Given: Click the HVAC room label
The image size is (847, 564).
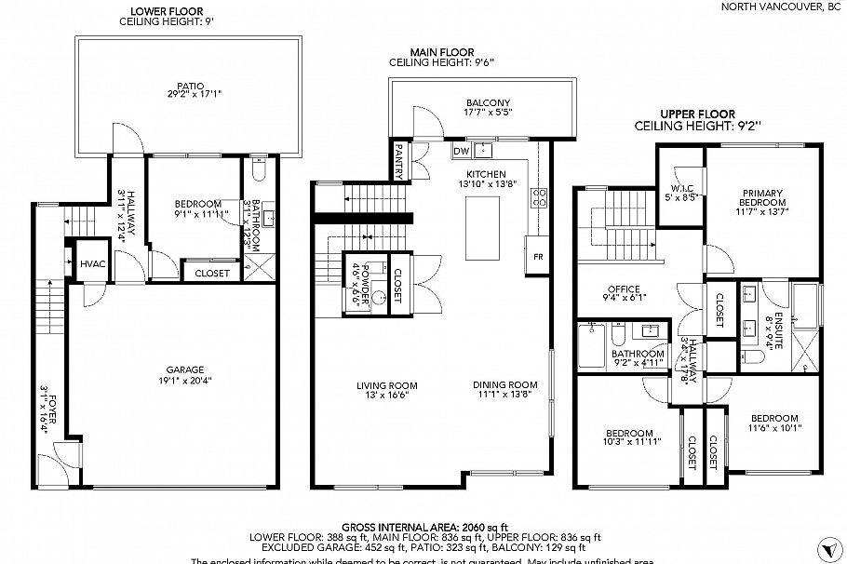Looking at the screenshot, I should click(x=91, y=265).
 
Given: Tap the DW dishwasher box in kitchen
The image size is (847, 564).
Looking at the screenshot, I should click(x=461, y=151).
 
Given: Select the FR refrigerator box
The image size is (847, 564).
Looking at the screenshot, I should click(x=537, y=256).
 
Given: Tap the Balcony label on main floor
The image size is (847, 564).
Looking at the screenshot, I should click(x=489, y=102).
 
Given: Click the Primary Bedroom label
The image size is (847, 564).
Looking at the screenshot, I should click(x=761, y=197).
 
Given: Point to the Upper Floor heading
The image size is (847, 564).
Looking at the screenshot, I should click(x=698, y=114).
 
